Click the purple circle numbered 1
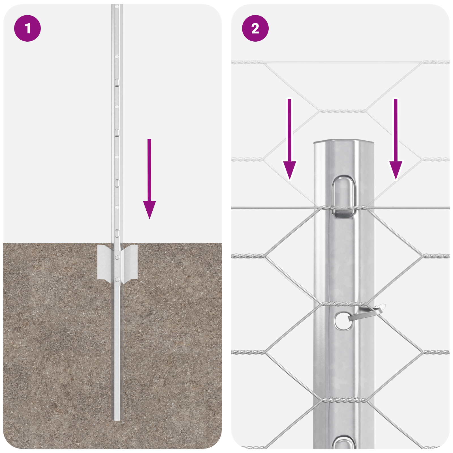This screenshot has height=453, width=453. click(x=27, y=28)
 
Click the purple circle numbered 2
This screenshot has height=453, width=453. click(x=255, y=28)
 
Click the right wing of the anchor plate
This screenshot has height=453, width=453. click(x=131, y=262)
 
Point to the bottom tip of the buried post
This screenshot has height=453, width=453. click(x=117, y=419)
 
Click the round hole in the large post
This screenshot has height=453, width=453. click(x=343, y=320)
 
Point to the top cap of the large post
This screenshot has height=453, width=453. click(x=343, y=142)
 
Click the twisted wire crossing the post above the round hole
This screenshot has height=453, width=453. click(x=343, y=304)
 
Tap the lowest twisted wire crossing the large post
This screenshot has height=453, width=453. click(x=343, y=400)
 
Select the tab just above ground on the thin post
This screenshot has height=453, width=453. click(x=117, y=233)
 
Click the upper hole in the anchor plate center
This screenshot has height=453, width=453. click(x=117, y=257)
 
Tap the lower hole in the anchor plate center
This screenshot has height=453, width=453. click(x=117, y=280)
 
